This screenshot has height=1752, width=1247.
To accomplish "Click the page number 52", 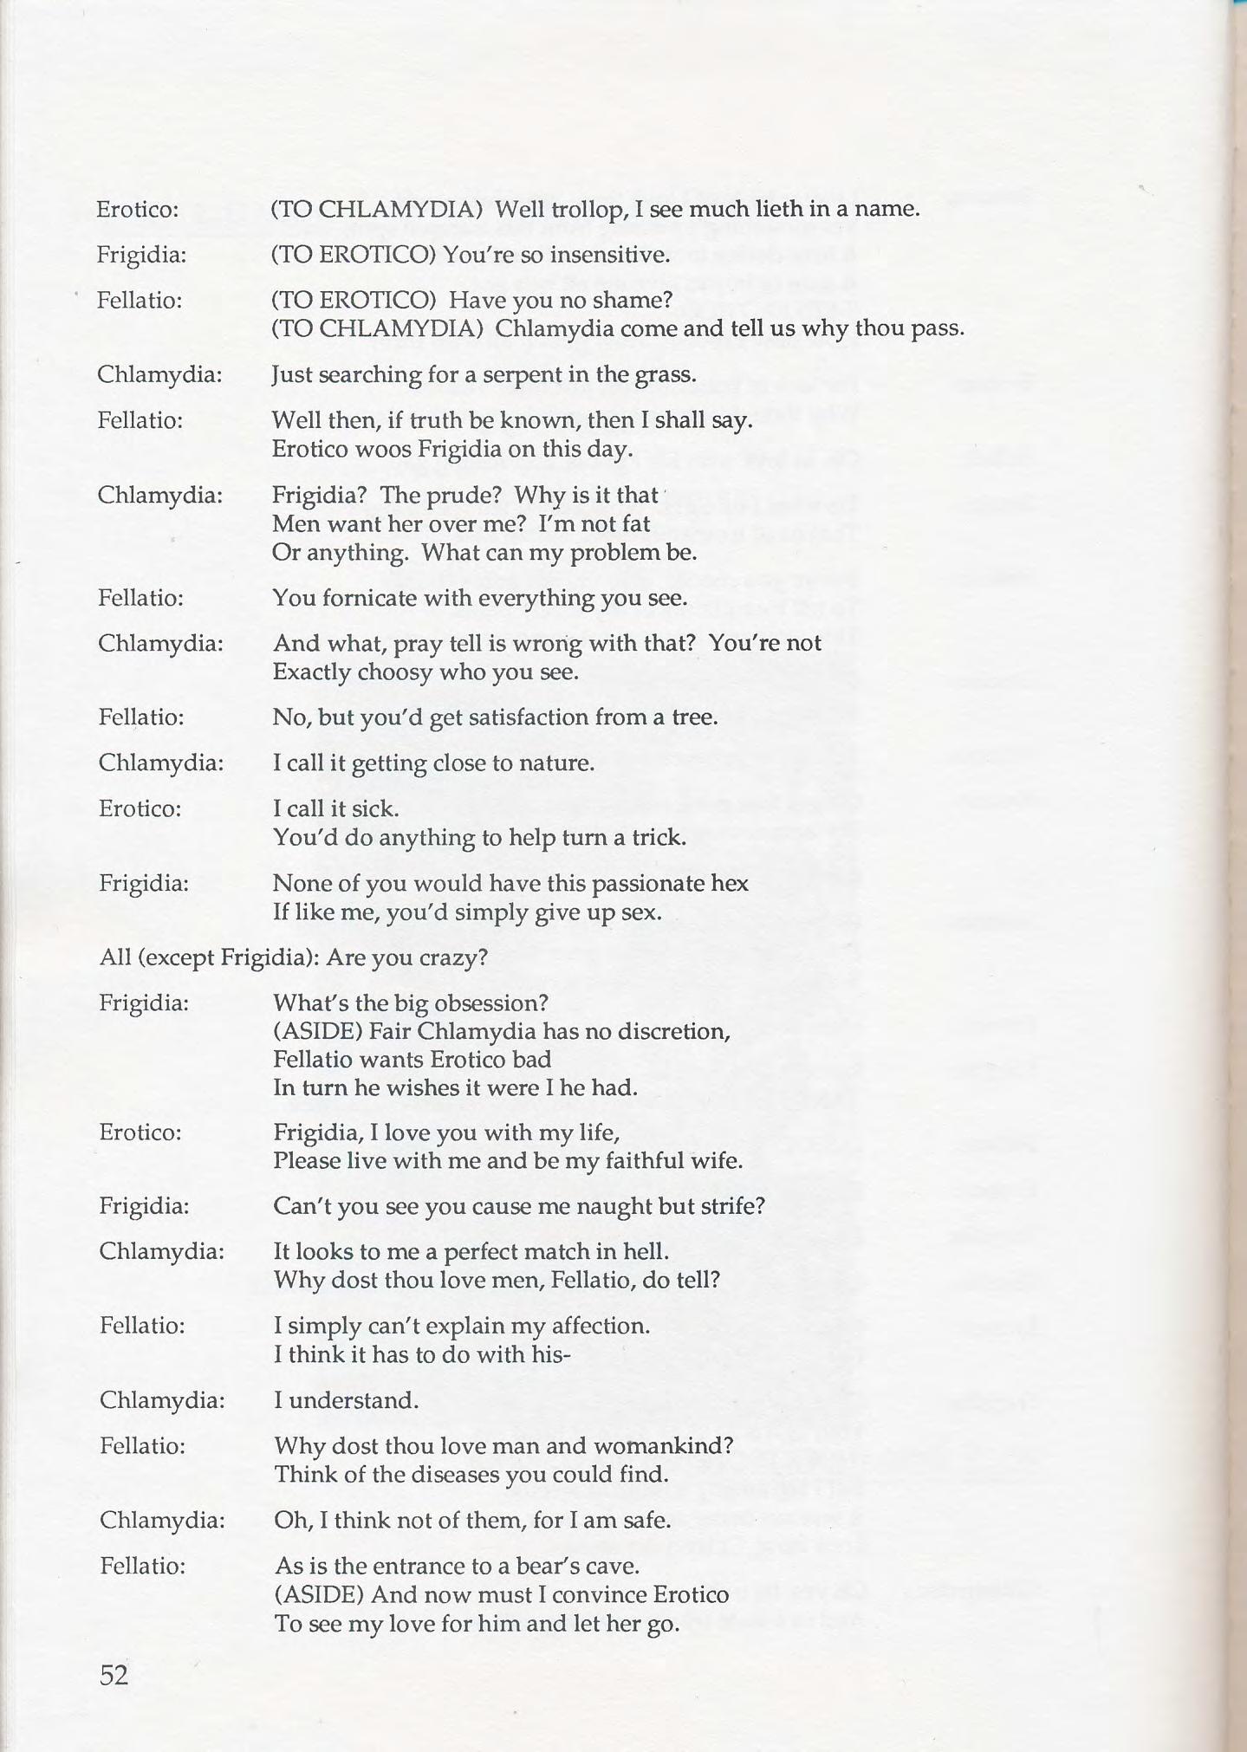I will coord(114,1675).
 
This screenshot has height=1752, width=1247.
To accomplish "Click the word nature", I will coord(556,762).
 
